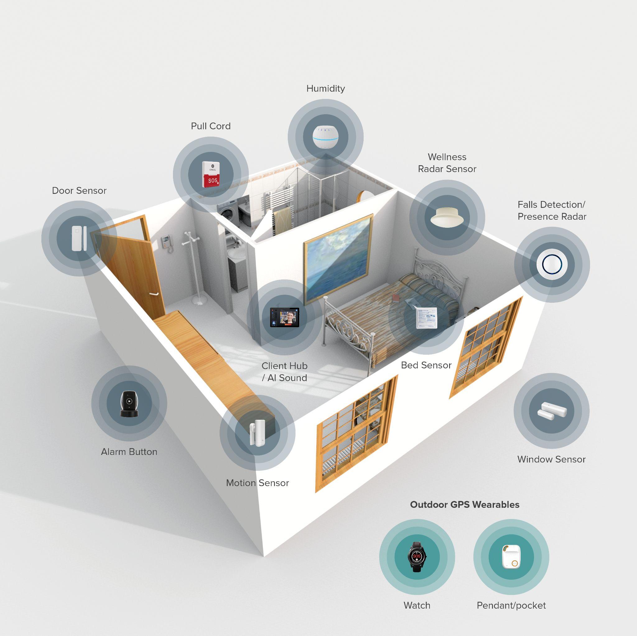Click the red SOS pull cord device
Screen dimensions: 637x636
click(211, 175)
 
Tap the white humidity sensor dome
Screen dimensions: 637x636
click(325, 137)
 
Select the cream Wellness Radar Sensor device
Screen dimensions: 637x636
click(447, 217)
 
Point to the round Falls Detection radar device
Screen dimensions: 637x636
click(551, 264)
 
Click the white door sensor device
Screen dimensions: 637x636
click(79, 238)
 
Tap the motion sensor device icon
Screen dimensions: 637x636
click(257, 433)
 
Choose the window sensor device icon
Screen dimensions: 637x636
click(551, 411)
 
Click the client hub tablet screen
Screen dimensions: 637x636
click(285, 317)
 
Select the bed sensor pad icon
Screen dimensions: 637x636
click(426, 318)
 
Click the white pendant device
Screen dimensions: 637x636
click(511, 556)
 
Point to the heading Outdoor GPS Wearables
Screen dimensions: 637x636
click(464, 504)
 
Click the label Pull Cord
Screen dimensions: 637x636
click(211, 126)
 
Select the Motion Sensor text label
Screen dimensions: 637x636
click(257, 483)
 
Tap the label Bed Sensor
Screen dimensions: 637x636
click(426, 365)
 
